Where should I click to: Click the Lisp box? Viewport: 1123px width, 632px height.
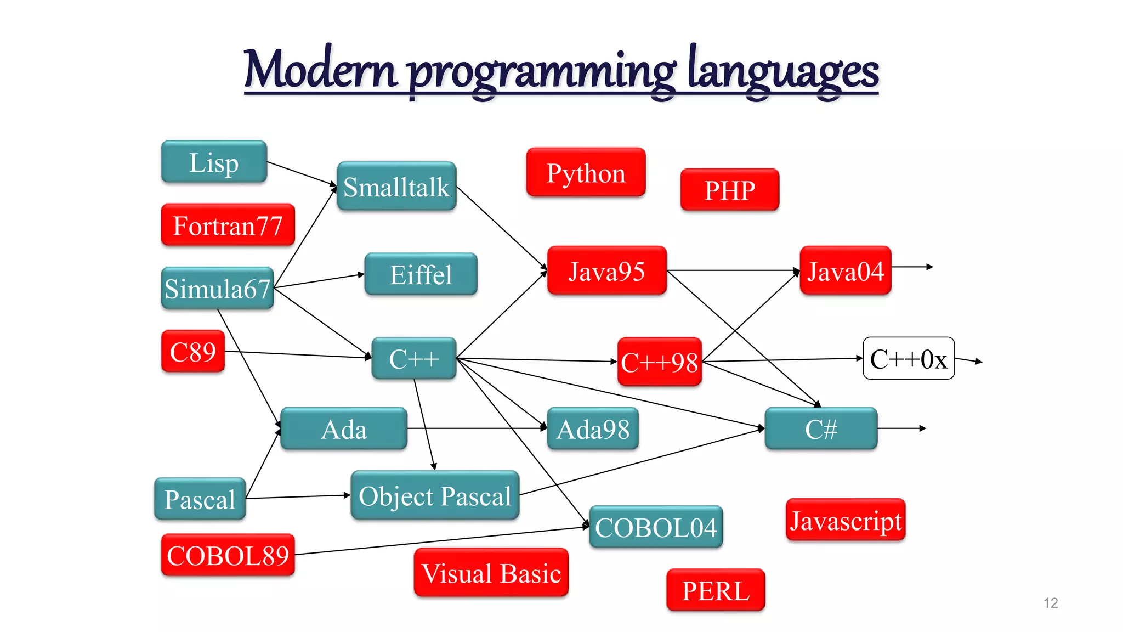click(214, 162)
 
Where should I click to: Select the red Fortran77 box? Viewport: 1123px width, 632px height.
click(228, 225)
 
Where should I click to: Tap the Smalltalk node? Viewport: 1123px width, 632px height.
click(396, 187)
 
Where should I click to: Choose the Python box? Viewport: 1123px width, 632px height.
click(586, 173)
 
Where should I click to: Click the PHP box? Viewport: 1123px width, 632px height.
click(729, 190)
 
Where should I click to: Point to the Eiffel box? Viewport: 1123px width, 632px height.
click(421, 274)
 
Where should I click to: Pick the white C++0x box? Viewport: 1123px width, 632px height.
click(909, 359)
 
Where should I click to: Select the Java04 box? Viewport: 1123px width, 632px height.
click(845, 271)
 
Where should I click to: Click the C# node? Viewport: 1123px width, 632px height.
click(821, 429)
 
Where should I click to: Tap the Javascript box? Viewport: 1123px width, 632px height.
click(845, 520)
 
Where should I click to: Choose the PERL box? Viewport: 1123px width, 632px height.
click(715, 590)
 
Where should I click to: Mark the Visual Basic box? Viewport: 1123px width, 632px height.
click(491, 573)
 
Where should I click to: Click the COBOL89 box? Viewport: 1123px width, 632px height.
click(228, 555)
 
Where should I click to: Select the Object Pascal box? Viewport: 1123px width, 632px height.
click(435, 495)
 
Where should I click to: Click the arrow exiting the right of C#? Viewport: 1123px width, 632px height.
click(902, 428)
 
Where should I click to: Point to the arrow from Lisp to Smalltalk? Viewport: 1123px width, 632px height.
click(302, 174)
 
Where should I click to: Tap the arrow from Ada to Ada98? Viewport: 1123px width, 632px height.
click(477, 428)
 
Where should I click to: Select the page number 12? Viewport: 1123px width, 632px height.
click(1050, 603)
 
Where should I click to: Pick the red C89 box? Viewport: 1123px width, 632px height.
click(193, 352)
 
